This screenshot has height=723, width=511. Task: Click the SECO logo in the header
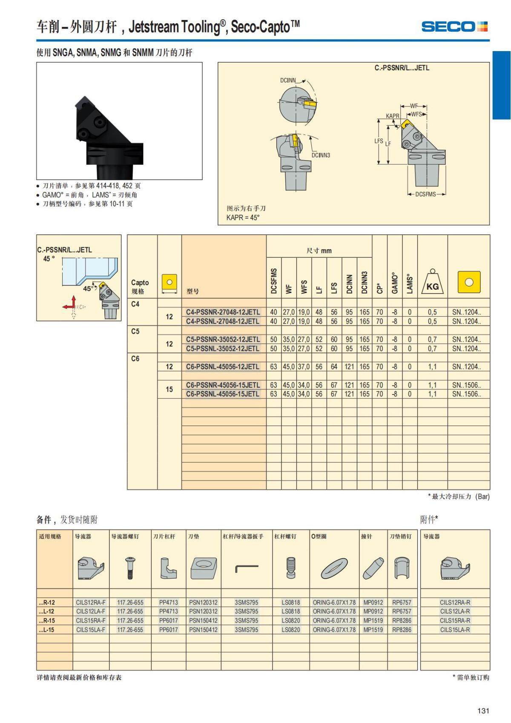pos(454,26)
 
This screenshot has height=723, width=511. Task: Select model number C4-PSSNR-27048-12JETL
pos(223,312)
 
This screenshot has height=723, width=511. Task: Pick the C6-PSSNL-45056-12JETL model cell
pos(223,367)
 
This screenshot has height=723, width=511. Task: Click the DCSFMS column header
pos(273,281)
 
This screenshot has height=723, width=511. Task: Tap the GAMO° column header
pos(395,283)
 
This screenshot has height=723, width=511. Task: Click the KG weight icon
pos(432,282)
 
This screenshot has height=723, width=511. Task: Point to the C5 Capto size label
pos(135,331)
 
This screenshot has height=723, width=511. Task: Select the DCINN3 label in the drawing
pos(321,155)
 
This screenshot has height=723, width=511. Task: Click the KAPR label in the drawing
pos(392,116)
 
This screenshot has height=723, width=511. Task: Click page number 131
pos(483,711)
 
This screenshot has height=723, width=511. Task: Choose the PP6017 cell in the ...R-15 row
pos(168,620)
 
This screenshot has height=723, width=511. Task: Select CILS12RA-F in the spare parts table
pos(91,602)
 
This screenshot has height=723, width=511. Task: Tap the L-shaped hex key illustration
pos(247,568)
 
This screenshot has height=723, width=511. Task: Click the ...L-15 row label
pos(46,629)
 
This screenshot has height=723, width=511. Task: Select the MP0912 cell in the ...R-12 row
pos(373,602)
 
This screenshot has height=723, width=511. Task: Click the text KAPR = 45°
pos(243,218)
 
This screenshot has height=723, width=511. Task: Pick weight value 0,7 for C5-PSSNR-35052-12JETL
pos(432,339)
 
